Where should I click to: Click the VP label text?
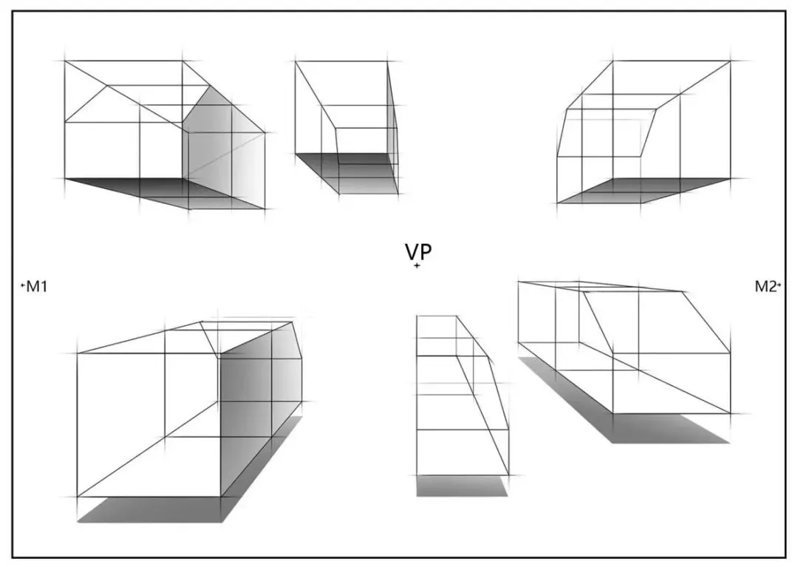tap(417, 251)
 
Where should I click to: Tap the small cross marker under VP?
tap(417, 265)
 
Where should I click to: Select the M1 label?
tap(36, 287)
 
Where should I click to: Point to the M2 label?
tap(765, 287)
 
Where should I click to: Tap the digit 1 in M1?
tap(43, 287)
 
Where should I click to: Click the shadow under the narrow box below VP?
tap(462, 486)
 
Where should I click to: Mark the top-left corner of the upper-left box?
tap(65, 61)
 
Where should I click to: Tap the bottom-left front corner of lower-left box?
tap(78, 497)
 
